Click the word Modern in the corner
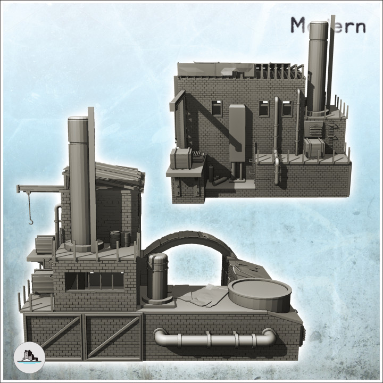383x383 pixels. [328, 25]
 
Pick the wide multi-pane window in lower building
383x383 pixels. [95, 281]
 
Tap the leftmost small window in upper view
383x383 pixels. [217, 108]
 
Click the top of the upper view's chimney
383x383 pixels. [318, 26]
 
